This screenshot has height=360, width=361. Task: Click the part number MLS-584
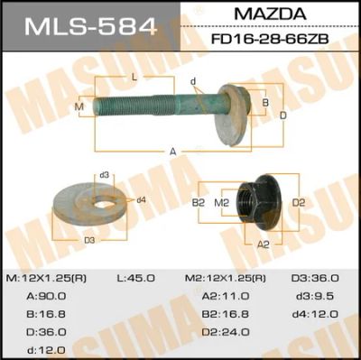[x=91, y=26]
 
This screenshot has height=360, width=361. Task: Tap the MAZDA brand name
[x=270, y=14]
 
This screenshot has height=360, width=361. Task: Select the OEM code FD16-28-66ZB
[x=270, y=39]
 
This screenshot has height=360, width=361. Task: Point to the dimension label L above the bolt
[x=134, y=78]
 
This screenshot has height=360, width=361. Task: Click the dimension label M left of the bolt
[x=79, y=106]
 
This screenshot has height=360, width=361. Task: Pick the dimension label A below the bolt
[x=172, y=152]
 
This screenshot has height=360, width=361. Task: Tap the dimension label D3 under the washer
[x=89, y=240]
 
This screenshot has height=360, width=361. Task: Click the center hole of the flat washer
[x=105, y=204]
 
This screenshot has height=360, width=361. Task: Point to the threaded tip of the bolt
[x=96, y=106]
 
